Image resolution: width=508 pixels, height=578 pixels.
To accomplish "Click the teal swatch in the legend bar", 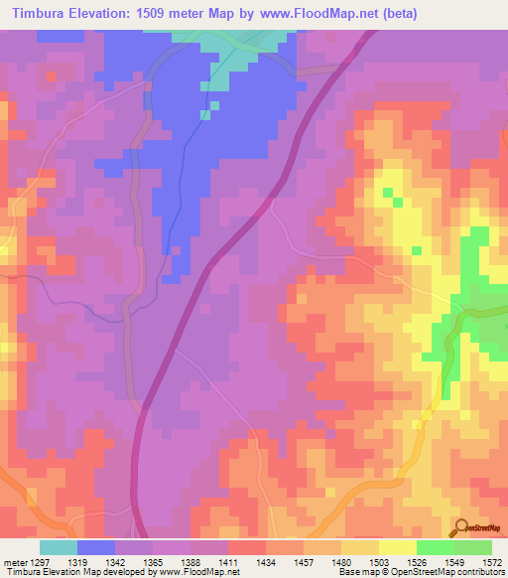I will point(59,547).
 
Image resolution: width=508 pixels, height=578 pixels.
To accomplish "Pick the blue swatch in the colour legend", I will point(96,547).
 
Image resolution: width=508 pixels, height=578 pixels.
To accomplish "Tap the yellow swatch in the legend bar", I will point(398,547).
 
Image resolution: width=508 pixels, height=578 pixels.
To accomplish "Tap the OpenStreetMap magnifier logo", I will point(459,526).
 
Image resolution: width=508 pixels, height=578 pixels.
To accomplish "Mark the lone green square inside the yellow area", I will point(399,203).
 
